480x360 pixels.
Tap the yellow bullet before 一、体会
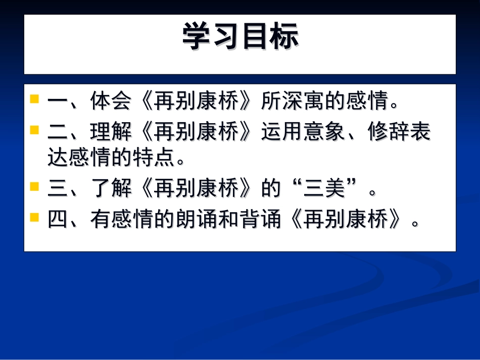tap(34, 98)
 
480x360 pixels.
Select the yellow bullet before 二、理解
tap(34, 130)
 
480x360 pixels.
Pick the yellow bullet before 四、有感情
tap(34, 217)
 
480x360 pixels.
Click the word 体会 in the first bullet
tap(112, 101)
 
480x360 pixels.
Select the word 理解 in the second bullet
tap(112, 133)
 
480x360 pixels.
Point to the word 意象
tap(325, 133)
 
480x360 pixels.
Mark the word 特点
tap(154, 158)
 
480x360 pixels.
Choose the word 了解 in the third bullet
tap(112, 189)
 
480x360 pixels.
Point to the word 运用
tap(282, 133)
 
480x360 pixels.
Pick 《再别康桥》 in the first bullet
tap(197, 101)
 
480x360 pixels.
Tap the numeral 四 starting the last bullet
tap(58, 221)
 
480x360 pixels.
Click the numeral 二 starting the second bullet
tap(58, 133)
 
